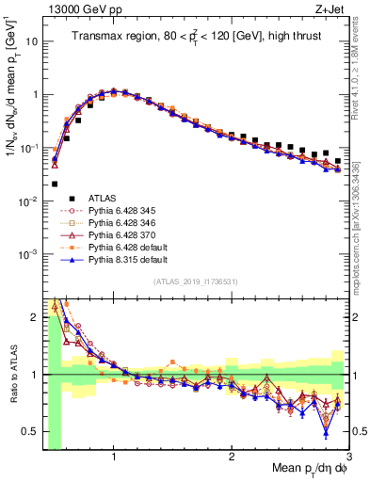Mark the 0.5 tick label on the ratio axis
point(29,432)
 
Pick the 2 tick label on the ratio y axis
point(34,316)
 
